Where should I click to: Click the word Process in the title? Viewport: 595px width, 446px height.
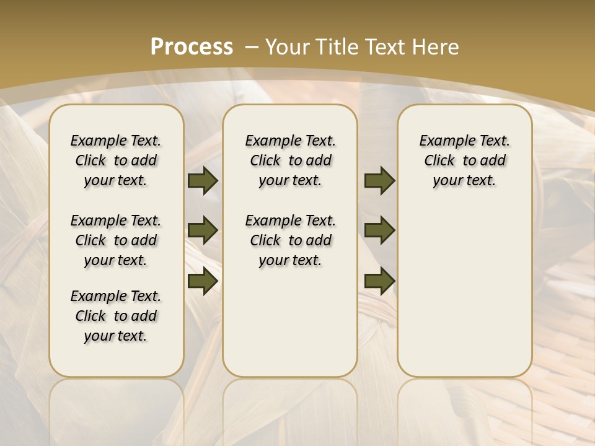pyautogui.click(x=192, y=46)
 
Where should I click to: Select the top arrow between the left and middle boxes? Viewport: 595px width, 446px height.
pyautogui.click(x=203, y=181)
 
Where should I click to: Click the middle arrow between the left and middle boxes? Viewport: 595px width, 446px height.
pyautogui.click(x=203, y=230)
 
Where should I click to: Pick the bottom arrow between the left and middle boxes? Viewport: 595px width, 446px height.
pyautogui.click(x=203, y=281)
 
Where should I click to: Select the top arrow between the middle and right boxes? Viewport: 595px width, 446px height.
pyautogui.click(x=379, y=181)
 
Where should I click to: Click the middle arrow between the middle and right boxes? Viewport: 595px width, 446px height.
pyautogui.click(x=379, y=230)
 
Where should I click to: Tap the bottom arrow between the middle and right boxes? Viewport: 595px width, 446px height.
pyautogui.click(x=379, y=281)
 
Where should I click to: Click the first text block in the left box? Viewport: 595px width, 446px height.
pyautogui.click(x=116, y=160)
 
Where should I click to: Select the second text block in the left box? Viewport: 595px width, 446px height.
pyautogui.click(x=116, y=240)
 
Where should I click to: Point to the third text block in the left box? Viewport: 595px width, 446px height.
pyautogui.click(x=116, y=316)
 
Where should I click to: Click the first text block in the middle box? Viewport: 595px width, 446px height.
pyautogui.click(x=291, y=160)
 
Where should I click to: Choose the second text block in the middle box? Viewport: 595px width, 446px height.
pyautogui.click(x=291, y=240)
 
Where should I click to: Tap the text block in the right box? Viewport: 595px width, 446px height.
pyautogui.click(x=465, y=160)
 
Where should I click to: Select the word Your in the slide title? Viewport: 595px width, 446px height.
pyautogui.click(x=288, y=47)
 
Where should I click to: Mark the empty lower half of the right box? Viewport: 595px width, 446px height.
pyautogui.click(x=465, y=297)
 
